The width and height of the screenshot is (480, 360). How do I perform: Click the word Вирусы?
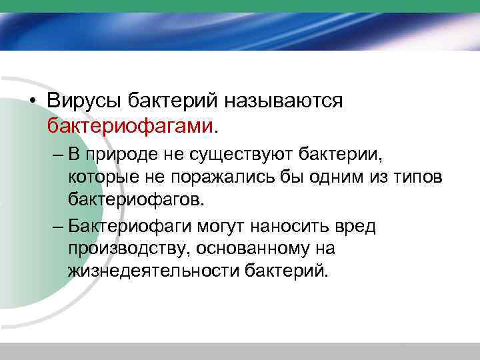(83, 101)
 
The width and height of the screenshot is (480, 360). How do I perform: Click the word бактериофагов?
(137, 198)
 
